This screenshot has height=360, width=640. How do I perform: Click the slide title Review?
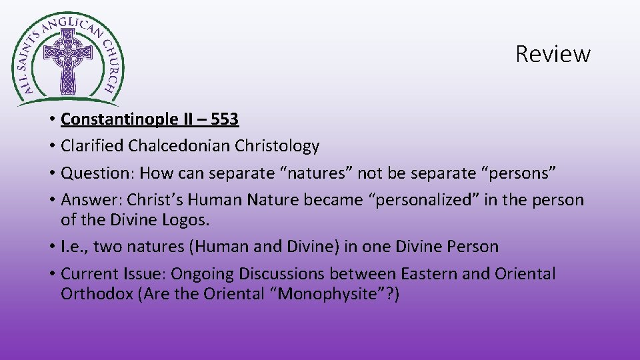[x=553, y=53]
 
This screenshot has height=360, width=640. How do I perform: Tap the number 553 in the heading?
[x=224, y=119]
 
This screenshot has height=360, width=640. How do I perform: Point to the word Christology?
[x=279, y=145]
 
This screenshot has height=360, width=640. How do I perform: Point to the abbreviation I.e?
[x=73, y=247]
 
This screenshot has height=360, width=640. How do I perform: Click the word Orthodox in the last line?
[x=97, y=294]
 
